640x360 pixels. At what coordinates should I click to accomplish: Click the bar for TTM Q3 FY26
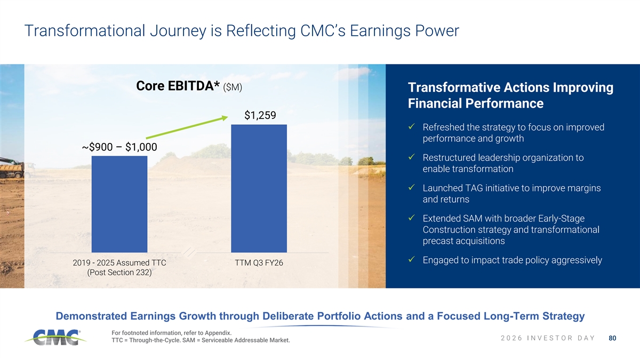tap(259, 189)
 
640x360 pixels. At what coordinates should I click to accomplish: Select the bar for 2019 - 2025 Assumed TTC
tap(119, 204)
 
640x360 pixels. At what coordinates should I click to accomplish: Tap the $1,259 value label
tap(260, 115)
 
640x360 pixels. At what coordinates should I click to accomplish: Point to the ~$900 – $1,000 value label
tap(119, 147)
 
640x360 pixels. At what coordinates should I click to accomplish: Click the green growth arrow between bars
tap(187, 127)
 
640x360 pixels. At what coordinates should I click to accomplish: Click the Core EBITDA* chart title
tap(189, 86)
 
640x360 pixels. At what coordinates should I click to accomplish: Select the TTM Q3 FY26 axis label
tap(259, 263)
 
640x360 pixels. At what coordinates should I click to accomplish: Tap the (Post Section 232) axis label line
tap(119, 273)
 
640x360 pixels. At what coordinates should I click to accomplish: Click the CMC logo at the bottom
tap(55, 337)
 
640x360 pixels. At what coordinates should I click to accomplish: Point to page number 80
tap(612, 338)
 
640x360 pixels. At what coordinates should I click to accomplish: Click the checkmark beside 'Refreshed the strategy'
tap(411, 126)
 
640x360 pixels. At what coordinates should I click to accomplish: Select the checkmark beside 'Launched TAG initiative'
tap(411, 187)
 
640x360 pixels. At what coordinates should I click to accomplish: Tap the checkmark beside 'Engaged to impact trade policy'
tap(411, 259)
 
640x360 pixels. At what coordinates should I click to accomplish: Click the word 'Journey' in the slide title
tap(178, 31)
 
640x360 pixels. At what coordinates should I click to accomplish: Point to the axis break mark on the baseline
tap(189, 252)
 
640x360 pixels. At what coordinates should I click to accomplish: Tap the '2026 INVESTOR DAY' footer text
tap(548, 338)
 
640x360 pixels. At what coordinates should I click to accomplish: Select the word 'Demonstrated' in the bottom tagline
tap(91, 316)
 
